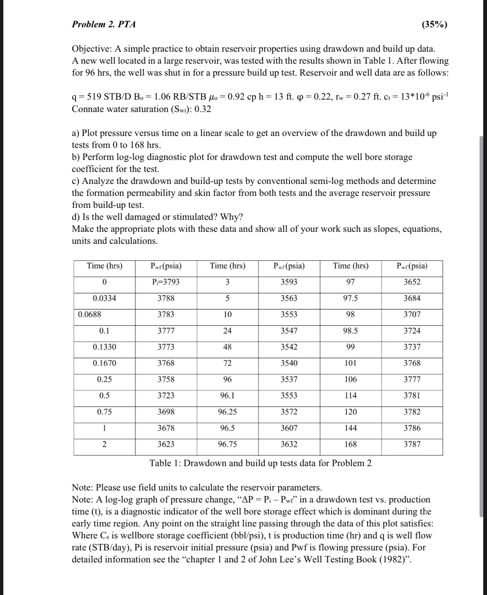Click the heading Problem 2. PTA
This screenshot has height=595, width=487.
[104, 24]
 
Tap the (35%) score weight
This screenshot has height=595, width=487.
[434, 24]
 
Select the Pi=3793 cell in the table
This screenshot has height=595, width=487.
[166, 282]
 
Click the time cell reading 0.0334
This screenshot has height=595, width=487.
[105, 298]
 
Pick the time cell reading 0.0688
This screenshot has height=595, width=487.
[90, 314]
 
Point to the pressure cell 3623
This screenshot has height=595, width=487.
[166, 445]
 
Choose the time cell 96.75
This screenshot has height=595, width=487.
[227, 445]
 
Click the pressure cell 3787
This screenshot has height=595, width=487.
[412, 445]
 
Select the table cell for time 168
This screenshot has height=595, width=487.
[350, 445]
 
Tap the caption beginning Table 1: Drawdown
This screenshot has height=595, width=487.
[260, 463]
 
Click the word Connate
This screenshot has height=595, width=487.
[88, 109]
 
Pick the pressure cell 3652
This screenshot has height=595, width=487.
[412, 282]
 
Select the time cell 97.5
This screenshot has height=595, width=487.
[350, 298]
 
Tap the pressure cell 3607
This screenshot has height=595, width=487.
[289, 428]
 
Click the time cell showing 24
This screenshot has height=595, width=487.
[227, 331]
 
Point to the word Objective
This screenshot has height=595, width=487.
[91, 49]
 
